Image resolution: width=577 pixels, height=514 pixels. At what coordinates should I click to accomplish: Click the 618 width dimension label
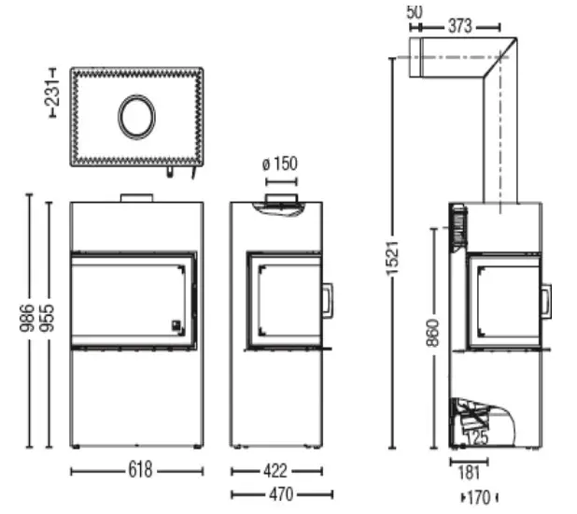coord(137,470)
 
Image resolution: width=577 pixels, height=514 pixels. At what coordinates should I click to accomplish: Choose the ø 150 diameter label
coord(280,164)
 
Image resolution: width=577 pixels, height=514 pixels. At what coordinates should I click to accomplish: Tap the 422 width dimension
coord(274,470)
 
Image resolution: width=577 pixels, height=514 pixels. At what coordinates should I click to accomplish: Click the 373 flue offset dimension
coord(458,27)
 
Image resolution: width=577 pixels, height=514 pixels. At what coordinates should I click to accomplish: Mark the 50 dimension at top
coord(415,11)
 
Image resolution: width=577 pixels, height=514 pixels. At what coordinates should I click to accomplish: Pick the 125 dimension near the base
coord(479,435)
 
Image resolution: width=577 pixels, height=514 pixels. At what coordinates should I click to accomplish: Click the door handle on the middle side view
coord(329,301)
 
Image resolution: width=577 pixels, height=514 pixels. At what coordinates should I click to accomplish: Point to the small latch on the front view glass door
coord(175,326)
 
